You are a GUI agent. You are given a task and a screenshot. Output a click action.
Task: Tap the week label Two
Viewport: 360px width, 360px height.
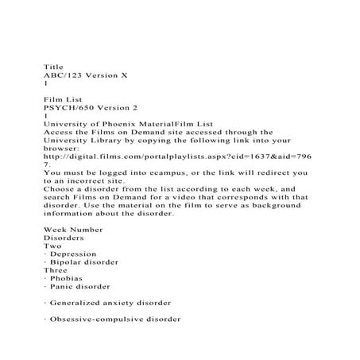coord(52,246)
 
